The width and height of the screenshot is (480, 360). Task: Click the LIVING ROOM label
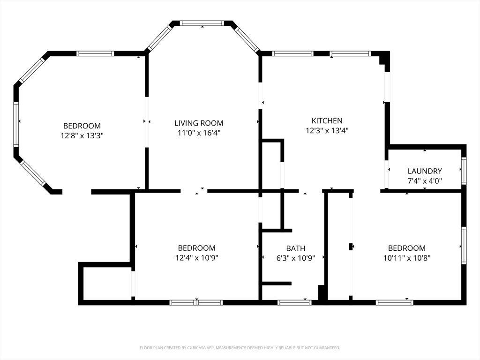[x=199, y=123]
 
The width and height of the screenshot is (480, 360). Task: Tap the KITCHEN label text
[x=327, y=120]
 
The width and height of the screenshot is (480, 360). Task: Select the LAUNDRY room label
[x=425, y=171]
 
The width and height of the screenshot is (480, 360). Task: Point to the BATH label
[x=296, y=248]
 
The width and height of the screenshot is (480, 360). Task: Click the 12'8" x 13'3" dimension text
[x=82, y=135]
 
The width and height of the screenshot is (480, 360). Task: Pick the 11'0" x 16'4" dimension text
[x=199, y=133]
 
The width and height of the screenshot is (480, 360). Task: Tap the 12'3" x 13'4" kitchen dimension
[x=327, y=131]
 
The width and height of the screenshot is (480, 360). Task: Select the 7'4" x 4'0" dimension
[x=425, y=181]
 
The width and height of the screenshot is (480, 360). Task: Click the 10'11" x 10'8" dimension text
[x=407, y=258]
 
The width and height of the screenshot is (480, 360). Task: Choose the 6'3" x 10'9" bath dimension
[x=296, y=258]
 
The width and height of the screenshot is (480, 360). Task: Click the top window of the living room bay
[x=202, y=23]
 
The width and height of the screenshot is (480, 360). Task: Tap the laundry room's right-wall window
[x=464, y=171]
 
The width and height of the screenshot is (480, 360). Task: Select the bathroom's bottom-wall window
[x=294, y=302]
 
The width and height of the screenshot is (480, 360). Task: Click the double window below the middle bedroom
[x=196, y=302]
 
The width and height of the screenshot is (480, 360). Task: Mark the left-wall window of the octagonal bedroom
[x=16, y=124]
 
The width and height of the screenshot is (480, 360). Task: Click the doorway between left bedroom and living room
[x=147, y=122]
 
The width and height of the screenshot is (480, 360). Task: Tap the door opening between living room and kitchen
[x=260, y=96]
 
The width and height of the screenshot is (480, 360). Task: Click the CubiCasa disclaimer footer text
[x=240, y=348]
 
